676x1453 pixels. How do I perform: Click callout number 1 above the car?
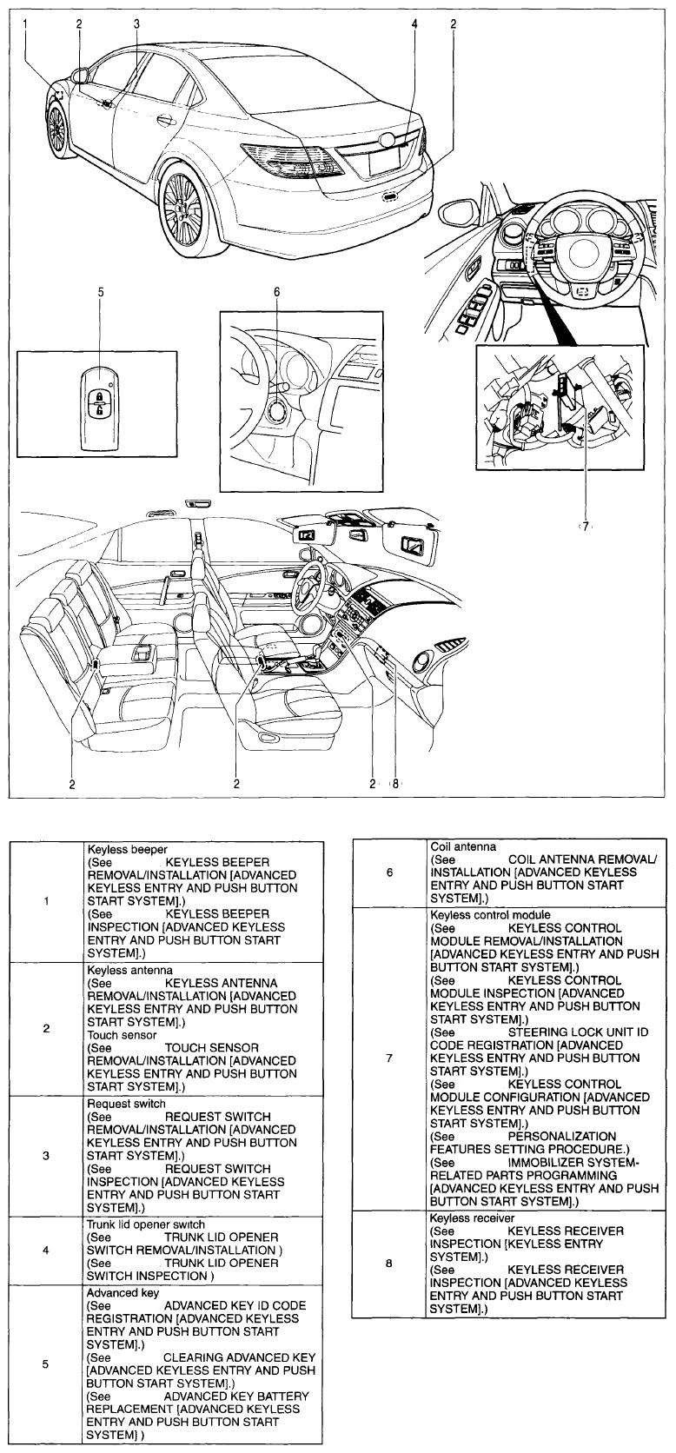click(26, 24)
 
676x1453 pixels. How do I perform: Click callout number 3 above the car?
click(136, 24)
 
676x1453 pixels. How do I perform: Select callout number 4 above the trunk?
click(414, 24)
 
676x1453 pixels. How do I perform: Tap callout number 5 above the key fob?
click(100, 293)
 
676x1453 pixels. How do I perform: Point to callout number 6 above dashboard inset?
click(277, 293)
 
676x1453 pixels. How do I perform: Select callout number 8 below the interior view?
click(394, 783)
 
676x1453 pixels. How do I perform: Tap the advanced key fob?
click(99, 406)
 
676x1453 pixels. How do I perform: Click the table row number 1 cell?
click(45, 900)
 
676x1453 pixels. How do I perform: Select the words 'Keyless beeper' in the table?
click(127, 849)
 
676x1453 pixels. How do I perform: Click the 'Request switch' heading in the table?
click(126, 1104)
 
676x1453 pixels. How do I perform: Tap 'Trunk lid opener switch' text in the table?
click(146, 1224)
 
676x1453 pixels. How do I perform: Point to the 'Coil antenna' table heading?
click(463, 846)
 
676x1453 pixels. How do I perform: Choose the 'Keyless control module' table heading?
click(490, 915)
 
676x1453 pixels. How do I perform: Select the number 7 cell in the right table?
click(389, 1058)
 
